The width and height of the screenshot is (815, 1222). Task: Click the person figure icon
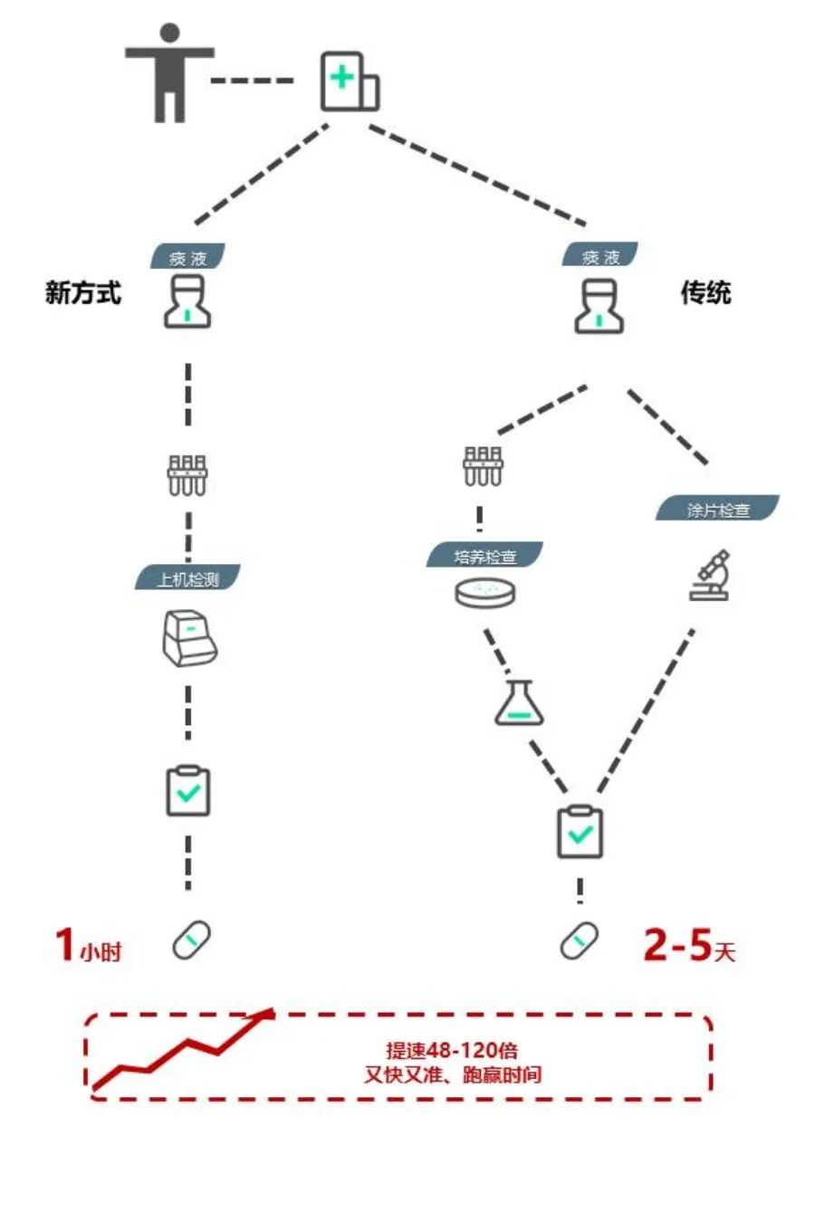pyautogui.click(x=169, y=73)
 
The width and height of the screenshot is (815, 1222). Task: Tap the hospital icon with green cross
pyautogui.click(x=350, y=82)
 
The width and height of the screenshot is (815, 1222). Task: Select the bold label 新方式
pyautogui.click(x=82, y=293)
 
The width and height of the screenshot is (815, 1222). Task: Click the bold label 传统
pyautogui.click(x=705, y=293)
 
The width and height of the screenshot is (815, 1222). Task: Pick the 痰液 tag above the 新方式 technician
pyautogui.click(x=187, y=258)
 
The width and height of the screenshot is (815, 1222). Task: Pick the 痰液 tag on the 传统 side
pyautogui.click(x=600, y=257)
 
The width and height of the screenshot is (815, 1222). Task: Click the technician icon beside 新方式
pyautogui.click(x=187, y=302)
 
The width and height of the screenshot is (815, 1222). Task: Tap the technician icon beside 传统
pyautogui.click(x=599, y=306)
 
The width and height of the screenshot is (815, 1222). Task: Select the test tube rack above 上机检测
pyautogui.click(x=187, y=475)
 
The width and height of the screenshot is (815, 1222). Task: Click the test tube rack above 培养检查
pyautogui.click(x=482, y=465)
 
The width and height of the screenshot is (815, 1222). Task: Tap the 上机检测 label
pyautogui.click(x=187, y=578)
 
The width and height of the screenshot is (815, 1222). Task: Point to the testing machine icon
pyautogui.click(x=188, y=638)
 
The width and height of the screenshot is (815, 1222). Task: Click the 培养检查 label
pyautogui.click(x=485, y=556)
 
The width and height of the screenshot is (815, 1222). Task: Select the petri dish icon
pyautogui.click(x=485, y=593)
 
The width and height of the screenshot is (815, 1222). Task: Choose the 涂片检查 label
pyautogui.click(x=717, y=510)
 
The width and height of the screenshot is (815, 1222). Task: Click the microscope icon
pyautogui.click(x=709, y=576)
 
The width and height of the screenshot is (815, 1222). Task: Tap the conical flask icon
pyautogui.click(x=519, y=703)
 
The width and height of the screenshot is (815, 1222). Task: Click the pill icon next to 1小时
pyautogui.click(x=192, y=940)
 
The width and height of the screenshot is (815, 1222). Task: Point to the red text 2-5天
pyautogui.click(x=689, y=946)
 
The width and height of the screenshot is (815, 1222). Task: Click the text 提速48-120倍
pyautogui.click(x=452, y=1050)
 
